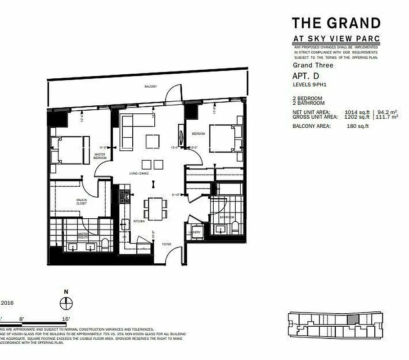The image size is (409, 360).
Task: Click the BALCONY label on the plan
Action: click(x=150, y=86)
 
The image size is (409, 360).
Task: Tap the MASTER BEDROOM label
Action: click(x=99, y=156)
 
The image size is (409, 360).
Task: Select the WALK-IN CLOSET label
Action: click(x=81, y=202)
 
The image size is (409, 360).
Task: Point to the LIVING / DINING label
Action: click(x=139, y=173)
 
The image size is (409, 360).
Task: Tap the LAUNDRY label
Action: click(x=196, y=232)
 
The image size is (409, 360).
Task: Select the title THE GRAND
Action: click(x=336, y=23)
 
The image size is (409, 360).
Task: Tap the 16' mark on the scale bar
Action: click(x=66, y=319)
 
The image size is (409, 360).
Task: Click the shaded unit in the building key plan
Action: click(x=354, y=319)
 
